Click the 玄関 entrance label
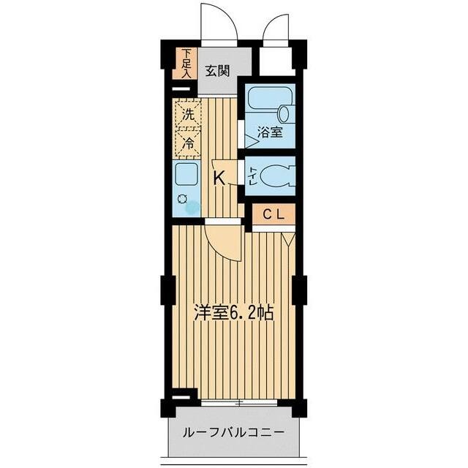click(x=218, y=71)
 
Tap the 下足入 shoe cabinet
click(x=185, y=64)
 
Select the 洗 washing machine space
click(x=188, y=114)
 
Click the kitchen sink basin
click(x=186, y=174)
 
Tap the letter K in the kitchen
click(x=219, y=178)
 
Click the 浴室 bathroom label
click(x=270, y=132)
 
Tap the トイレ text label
click(x=252, y=176)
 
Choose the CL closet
click(x=273, y=214)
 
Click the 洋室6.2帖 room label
click(x=234, y=312)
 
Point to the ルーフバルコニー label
click(x=233, y=432)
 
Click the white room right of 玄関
click(x=275, y=61)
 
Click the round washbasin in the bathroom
click(x=284, y=114)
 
